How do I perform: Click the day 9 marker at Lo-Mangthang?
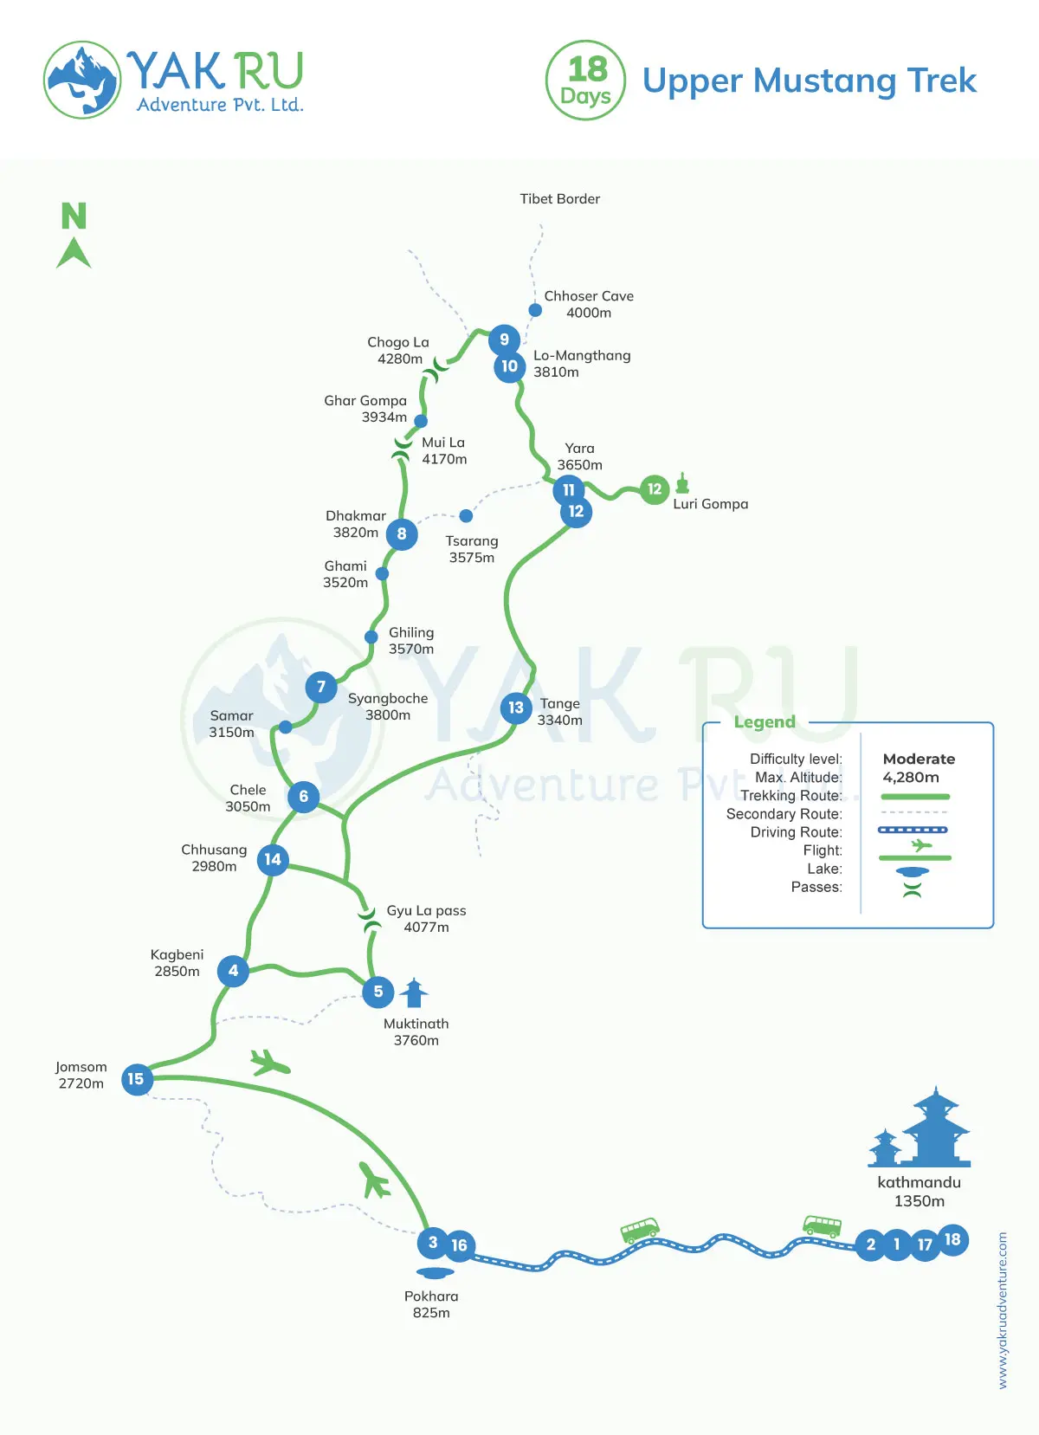504,339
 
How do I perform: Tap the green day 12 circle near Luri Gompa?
655,489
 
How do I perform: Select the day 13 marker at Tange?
516,708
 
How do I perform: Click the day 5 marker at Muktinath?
378,992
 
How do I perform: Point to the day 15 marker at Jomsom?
136,1079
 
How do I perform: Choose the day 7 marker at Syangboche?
321,687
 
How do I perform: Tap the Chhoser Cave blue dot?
535,310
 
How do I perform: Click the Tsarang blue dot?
466,516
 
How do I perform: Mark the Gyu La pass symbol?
369,920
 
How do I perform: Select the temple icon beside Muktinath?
415,992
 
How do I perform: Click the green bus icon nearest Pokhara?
640,1229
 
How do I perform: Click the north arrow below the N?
74,253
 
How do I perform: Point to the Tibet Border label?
559,199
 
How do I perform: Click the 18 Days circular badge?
586,81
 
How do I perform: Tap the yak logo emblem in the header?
82,80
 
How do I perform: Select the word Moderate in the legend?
919,759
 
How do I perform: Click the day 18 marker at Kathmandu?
952,1239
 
